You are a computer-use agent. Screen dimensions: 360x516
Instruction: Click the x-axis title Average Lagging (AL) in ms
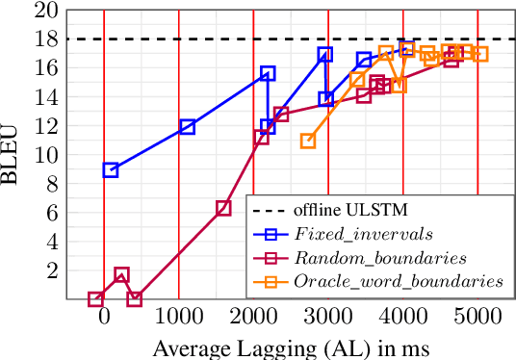290,346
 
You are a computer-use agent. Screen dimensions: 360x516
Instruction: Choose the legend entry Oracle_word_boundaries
398,281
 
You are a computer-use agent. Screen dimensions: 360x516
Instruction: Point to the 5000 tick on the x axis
478,318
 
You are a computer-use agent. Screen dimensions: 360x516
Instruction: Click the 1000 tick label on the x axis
178,318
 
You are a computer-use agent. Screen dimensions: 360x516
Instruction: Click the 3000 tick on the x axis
328,318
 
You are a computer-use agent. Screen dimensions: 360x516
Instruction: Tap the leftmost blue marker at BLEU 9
111,169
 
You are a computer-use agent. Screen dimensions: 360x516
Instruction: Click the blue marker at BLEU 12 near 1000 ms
188,126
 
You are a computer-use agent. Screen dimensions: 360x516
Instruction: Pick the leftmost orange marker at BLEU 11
308,141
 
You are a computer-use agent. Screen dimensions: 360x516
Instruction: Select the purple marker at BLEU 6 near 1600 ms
223,208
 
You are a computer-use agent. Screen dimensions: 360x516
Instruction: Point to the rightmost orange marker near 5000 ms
480,54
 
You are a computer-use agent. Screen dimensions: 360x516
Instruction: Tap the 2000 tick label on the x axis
253,318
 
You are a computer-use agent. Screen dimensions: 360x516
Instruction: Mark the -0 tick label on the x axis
103,318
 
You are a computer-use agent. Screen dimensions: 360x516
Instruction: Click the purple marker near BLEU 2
121,275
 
